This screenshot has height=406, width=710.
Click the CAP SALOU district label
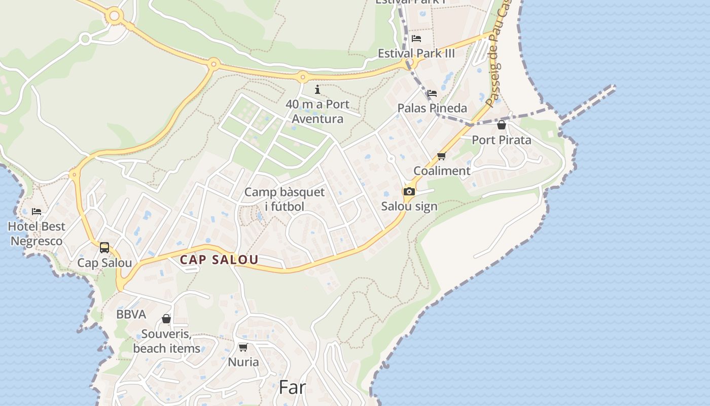coord(219,260)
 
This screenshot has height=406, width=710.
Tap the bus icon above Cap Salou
coord(104,248)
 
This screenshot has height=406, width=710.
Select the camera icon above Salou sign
coord(409,191)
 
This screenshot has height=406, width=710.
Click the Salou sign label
coord(409,207)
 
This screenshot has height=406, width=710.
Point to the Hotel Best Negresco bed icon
coord(37,211)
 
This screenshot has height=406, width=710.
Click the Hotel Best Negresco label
coord(37,233)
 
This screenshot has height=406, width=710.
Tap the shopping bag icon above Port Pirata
coord(502,125)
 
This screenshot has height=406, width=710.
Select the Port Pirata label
coord(502,140)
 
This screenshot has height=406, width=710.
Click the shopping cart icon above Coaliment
coord(441,156)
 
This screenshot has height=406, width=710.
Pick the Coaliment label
coord(442,171)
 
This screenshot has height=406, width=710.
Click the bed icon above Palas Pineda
coord(432,93)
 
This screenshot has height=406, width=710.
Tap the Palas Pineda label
coord(432,108)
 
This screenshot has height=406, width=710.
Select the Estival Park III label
coord(416,53)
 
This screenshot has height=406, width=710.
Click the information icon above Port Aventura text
coord(317,90)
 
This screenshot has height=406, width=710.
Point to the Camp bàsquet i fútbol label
coord(285,199)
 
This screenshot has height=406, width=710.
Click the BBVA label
coord(131,314)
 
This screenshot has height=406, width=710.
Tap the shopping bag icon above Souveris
coord(166,319)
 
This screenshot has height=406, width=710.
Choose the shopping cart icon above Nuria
coord(243,348)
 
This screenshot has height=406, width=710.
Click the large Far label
coord(293,388)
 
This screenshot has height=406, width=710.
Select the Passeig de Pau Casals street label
coord(496,61)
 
